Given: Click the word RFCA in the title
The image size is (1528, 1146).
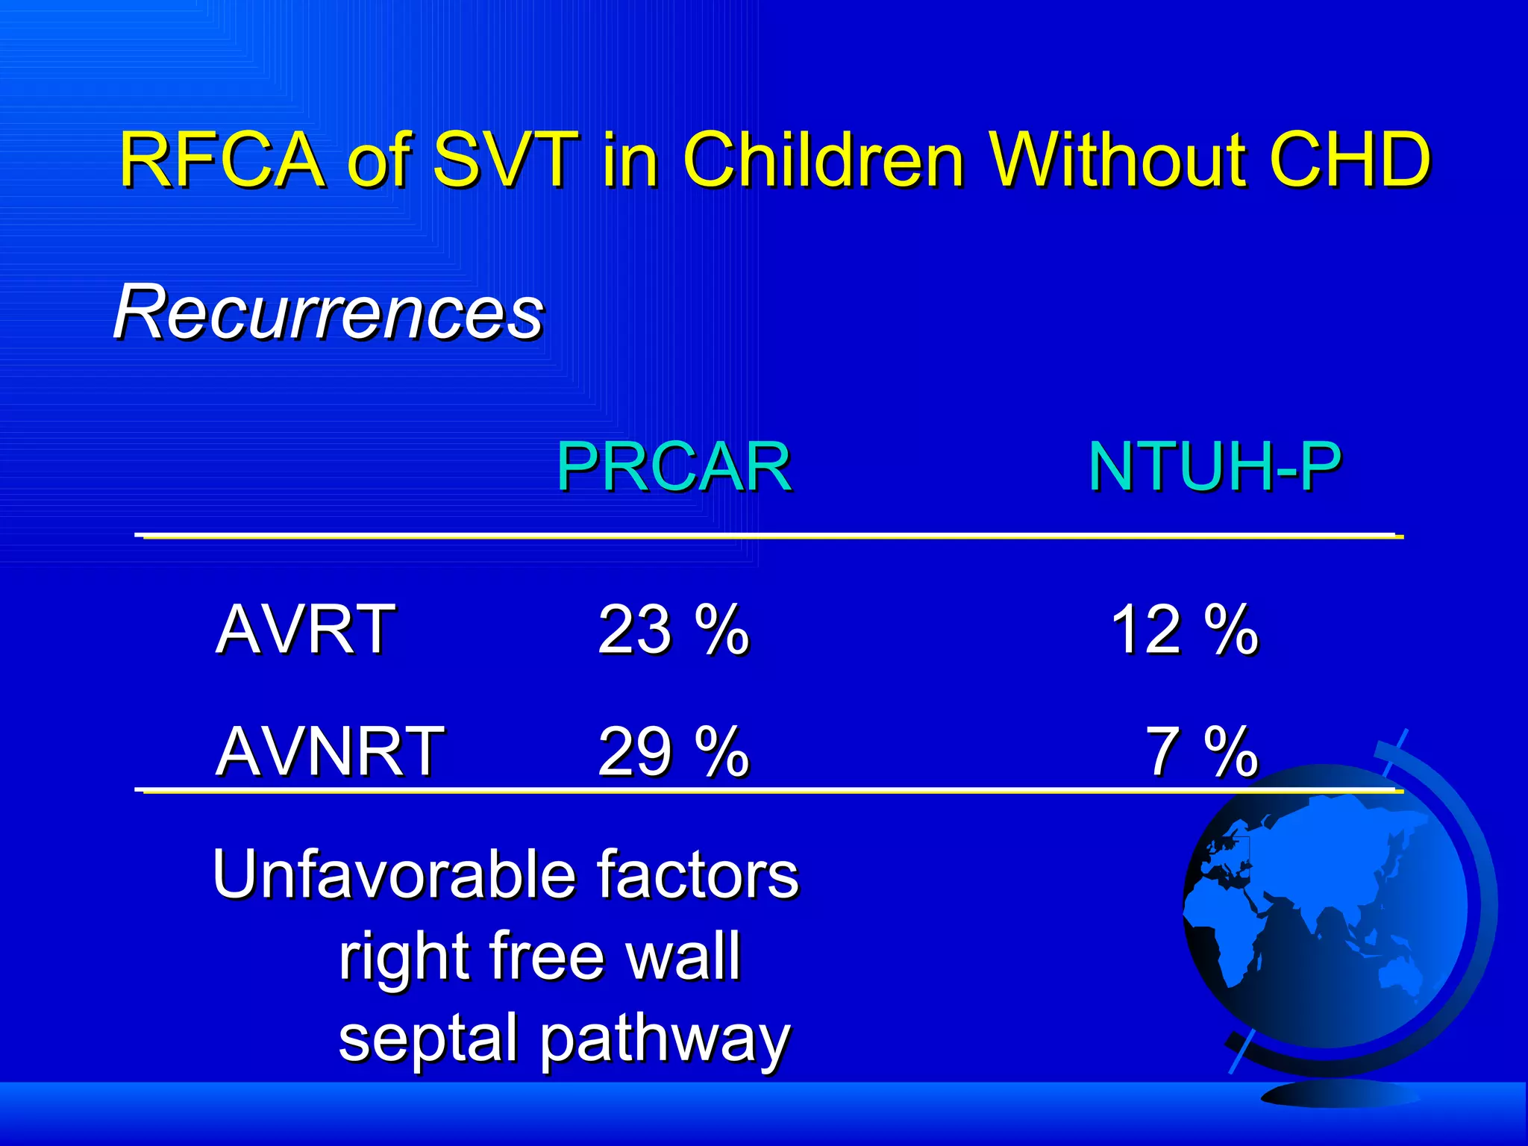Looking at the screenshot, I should tap(222, 160).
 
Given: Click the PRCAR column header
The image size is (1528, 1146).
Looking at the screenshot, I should tap(673, 467).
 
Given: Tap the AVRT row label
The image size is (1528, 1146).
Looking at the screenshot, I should tap(305, 630).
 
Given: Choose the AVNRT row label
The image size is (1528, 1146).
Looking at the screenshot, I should tap(330, 752).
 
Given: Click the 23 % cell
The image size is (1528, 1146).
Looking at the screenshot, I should tap(673, 630).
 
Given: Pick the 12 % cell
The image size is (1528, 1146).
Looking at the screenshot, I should tap(1184, 630).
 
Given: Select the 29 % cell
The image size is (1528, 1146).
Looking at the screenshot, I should tap(673, 752).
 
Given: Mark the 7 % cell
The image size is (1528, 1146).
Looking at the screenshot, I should tap(1201, 752).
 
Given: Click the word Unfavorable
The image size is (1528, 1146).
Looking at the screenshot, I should tap(393, 874).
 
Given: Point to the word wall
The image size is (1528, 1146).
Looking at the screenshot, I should tap(683, 956).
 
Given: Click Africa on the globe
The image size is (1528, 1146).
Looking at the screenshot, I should tap(1224, 933).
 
